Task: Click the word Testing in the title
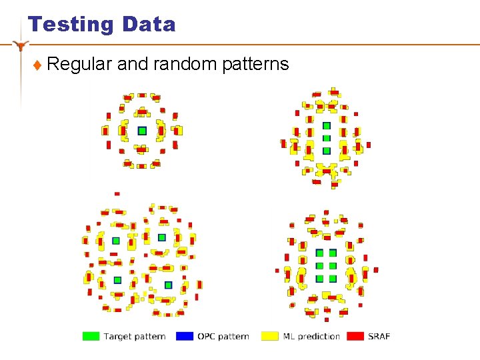pyautogui.click(x=71, y=25)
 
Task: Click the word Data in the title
pyautogui.click(x=149, y=25)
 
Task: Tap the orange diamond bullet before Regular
pyautogui.click(x=38, y=65)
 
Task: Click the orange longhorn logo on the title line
pyautogui.click(x=22, y=45)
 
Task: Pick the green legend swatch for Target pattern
pyautogui.click(x=91, y=336)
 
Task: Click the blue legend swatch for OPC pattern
pyautogui.click(x=185, y=336)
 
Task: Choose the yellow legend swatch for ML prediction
pyautogui.click(x=270, y=336)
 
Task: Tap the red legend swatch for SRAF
pyautogui.click(x=355, y=336)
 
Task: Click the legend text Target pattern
pyautogui.click(x=135, y=336)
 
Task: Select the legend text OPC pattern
pyautogui.click(x=223, y=336)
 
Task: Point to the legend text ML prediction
pyautogui.click(x=311, y=336)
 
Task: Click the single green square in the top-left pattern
pyautogui.click(x=141, y=131)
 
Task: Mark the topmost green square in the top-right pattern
pyautogui.click(x=326, y=126)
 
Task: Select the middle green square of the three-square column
pyautogui.click(x=326, y=138)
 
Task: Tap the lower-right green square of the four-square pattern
pyautogui.click(x=168, y=285)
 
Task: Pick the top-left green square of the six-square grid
pyautogui.click(x=319, y=253)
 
